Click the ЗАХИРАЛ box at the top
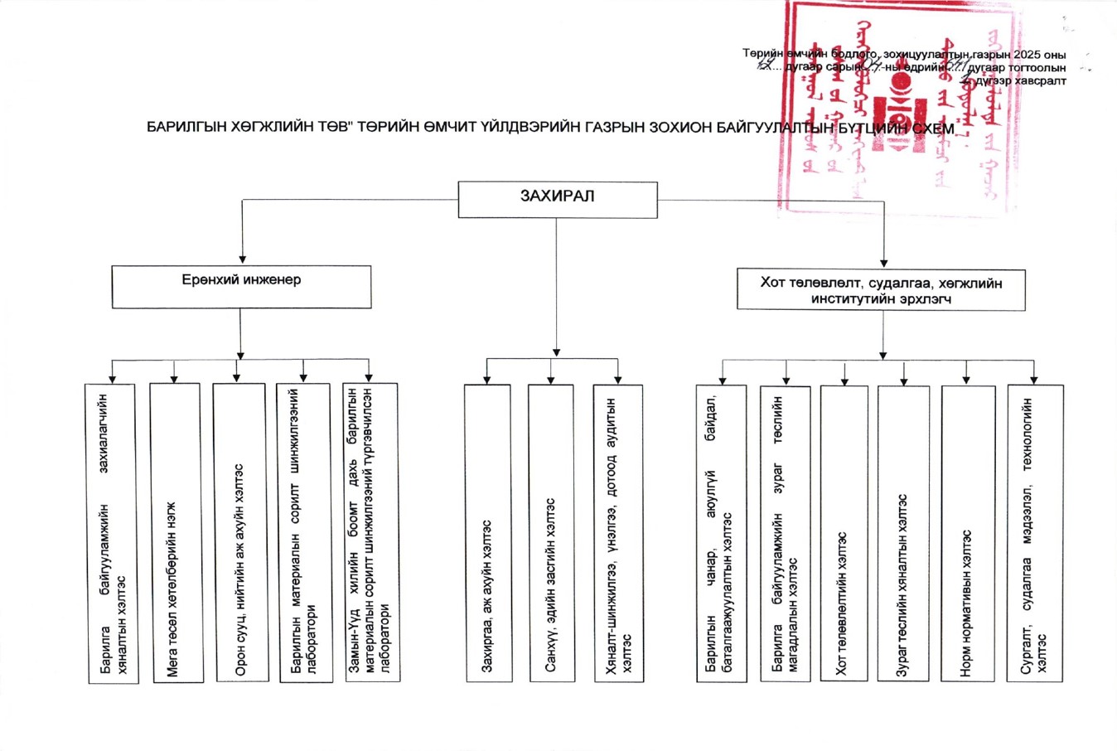[x=558, y=200]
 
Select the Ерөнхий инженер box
[x=241, y=287]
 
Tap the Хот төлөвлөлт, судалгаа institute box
[x=881, y=290]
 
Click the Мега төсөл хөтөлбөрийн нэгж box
[x=175, y=532]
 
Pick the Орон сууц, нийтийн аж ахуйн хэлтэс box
[x=240, y=532]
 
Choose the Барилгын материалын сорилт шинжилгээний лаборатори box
[x=306, y=532]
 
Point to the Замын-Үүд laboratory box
[x=371, y=532]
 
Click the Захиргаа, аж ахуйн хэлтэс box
[x=488, y=533]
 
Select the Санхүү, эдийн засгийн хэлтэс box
[x=551, y=533]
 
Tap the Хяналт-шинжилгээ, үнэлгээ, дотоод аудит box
[x=618, y=533]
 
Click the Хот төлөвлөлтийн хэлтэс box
[x=844, y=533]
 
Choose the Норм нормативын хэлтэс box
[x=968, y=533]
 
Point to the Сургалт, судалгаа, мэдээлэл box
[x=1034, y=533]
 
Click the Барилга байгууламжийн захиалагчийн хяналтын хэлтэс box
[x=112, y=532]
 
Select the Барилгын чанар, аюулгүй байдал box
[x=721, y=533]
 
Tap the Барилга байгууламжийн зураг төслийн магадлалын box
[x=785, y=533]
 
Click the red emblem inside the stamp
[x=896, y=109]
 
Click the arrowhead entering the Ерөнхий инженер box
[x=242, y=259]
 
